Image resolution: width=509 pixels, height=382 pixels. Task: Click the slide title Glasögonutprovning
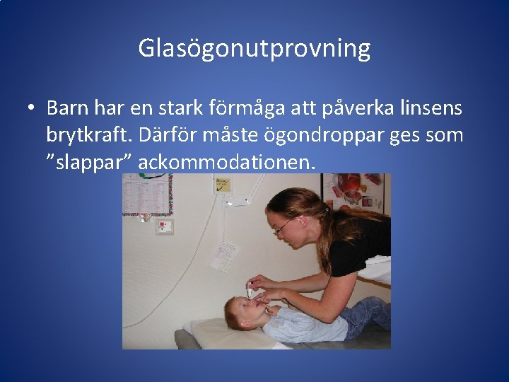[x=254, y=48]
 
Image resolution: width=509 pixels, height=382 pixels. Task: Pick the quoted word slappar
[x=89, y=162]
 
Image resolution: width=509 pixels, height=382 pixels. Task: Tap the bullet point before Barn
[x=32, y=108]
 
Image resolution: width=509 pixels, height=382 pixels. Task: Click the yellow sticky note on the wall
[x=222, y=185]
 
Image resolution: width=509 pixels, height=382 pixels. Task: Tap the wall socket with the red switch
[x=164, y=226]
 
